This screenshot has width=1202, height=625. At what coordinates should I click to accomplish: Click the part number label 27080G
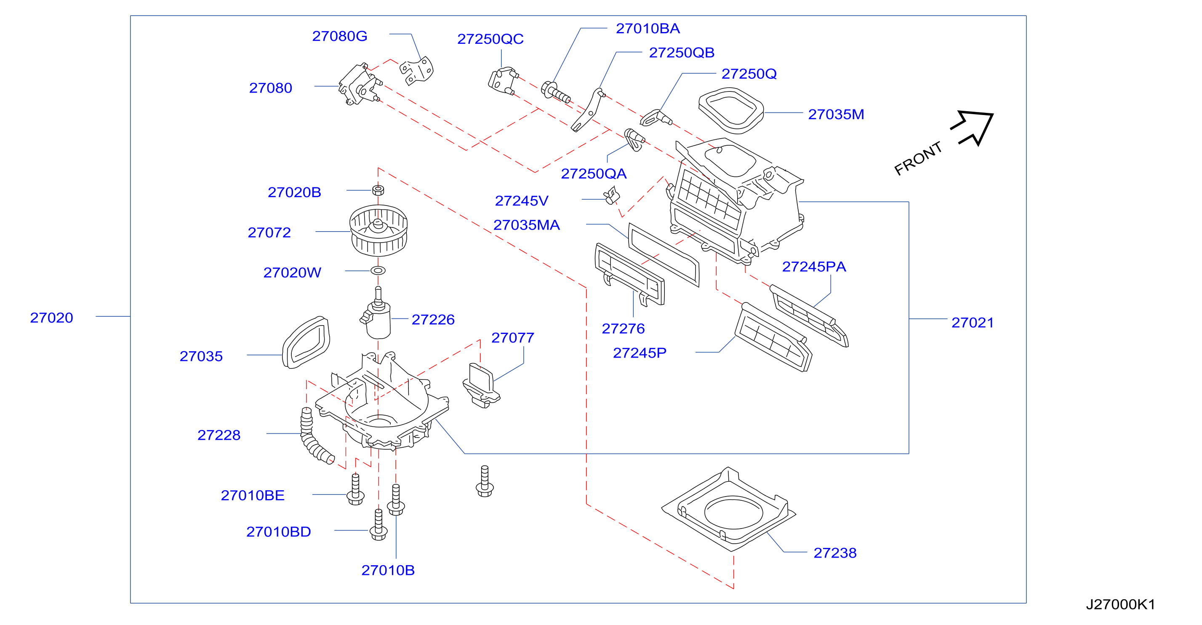pos(339,36)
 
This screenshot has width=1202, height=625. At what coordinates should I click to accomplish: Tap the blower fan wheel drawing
pos(378,230)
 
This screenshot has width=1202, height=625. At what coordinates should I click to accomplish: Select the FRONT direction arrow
pos(973,128)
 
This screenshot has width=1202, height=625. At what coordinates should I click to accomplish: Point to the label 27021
pos(973,323)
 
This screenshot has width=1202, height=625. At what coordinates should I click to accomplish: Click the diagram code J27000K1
pos(1120,604)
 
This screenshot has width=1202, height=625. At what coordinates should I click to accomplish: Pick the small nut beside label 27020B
pos(378,190)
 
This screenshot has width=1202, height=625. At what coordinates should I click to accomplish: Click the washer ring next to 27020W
pos(378,271)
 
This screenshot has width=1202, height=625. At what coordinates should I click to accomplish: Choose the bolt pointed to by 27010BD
pos(378,525)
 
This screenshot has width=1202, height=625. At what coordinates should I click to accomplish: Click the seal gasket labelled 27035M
pos(731,111)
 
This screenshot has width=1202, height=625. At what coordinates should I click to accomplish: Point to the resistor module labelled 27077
pos(481,385)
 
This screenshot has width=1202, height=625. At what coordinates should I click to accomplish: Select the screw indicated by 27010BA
pos(555,92)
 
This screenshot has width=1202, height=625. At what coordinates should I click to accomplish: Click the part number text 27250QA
pos(594,174)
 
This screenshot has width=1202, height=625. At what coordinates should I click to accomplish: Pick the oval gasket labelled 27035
pos(306,342)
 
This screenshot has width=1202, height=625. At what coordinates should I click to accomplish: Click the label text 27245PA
pos(814,267)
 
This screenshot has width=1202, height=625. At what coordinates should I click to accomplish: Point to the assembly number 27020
pos(51,318)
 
